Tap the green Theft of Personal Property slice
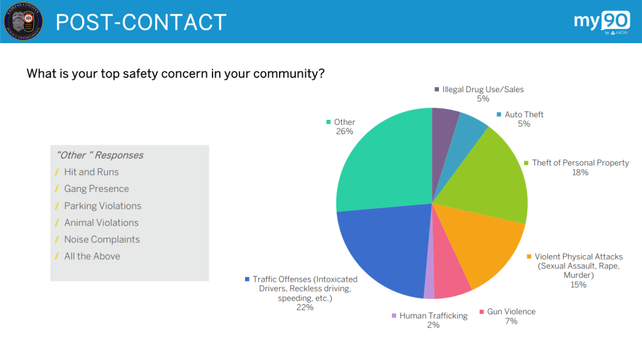(x=495, y=176)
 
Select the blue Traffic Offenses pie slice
(x=382, y=251)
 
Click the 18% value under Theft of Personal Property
(x=580, y=172)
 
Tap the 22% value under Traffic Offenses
(x=305, y=307)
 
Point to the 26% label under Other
(x=344, y=132)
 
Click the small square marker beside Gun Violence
(x=481, y=312)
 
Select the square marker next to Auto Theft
(x=499, y=115)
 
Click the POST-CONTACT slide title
(x=140, y=23)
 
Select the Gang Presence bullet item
(x=96, y=189)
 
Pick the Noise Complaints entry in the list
(x=102, y=240)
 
